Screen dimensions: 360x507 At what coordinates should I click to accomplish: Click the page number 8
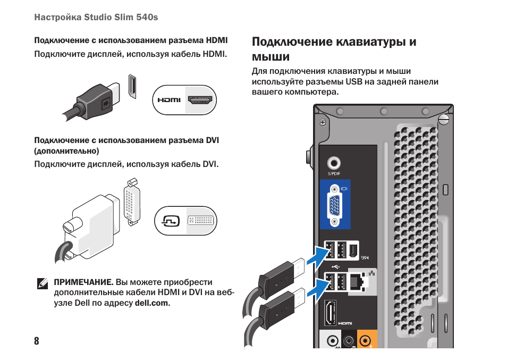[36, 341]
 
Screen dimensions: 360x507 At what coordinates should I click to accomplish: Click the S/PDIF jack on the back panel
[334, 163]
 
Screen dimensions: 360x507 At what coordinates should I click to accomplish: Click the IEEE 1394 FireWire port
[354, 249]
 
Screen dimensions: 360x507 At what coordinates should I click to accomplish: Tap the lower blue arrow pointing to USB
[313, 290]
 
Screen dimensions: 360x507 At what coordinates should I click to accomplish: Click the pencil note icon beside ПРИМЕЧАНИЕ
[43, 283]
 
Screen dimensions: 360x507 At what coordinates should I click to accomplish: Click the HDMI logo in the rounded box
[169, 100]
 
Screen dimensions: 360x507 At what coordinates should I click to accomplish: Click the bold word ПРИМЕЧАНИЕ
[83, 282]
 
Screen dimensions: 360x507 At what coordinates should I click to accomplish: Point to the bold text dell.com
[152, 303]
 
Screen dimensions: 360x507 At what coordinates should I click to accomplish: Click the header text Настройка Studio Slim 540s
[96, 18]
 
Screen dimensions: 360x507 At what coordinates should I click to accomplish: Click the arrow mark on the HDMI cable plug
[106, 101]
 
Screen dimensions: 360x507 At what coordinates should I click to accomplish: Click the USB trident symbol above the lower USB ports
[334, 267]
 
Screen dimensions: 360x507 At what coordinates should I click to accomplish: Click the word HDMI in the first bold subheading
[217, 40]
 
